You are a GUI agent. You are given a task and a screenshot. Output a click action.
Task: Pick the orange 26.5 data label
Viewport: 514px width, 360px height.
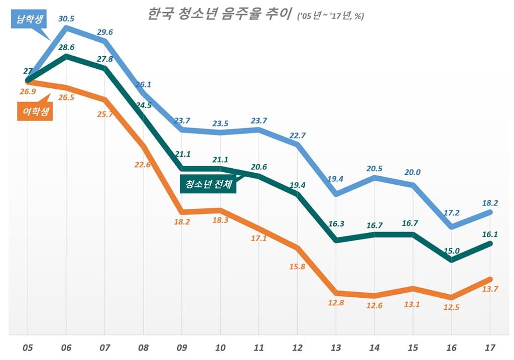click(x=66, y=97)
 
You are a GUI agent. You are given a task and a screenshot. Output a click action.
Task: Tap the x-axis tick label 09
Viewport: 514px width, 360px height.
click(x=181, y=347)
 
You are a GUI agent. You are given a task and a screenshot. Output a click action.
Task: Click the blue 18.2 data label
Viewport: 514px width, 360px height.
click(x=489, y=203)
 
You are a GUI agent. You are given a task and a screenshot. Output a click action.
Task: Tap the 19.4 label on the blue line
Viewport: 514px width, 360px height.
click(x=335, y=178)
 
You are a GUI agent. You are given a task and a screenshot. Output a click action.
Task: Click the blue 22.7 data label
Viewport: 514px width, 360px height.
click(x=297, y=135)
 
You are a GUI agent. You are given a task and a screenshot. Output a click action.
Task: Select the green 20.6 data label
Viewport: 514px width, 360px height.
click(x=259, y=167)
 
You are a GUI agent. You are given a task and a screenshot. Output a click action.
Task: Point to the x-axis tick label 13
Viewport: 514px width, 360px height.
click(x=336, y=347)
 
